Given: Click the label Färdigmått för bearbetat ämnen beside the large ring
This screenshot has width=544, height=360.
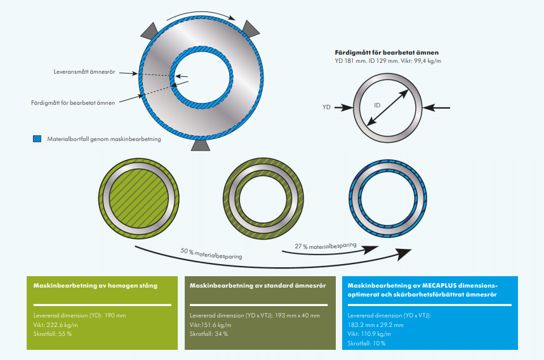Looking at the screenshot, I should click(73, 102).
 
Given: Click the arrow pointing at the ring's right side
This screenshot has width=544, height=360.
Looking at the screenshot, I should click(438, 107).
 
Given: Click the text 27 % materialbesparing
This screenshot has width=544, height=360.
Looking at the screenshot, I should click(325, 246).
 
